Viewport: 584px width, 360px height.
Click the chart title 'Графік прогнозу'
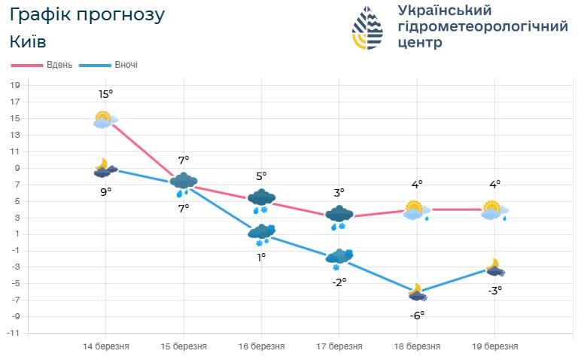[87, 14]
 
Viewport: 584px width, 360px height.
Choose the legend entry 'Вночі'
[126, 65]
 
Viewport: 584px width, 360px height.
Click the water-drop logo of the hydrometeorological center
[367, 28]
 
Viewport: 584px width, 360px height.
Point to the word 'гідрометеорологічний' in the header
[482, 26]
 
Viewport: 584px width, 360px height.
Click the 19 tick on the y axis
[14, 84]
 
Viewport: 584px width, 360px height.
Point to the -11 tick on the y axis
[14, 332]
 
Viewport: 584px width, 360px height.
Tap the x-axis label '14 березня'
[105, 346]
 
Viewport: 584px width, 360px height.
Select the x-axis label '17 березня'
[339, 346]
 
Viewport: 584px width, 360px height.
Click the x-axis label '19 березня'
[494, 346]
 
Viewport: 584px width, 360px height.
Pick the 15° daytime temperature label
[105, 94]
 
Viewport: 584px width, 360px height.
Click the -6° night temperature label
[417, 315]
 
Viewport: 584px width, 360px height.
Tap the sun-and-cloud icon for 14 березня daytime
[105, 119]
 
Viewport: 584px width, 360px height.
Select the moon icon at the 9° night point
[105, 169]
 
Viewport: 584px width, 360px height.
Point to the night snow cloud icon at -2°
[339, 258]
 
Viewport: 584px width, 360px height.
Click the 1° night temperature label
[261, 257]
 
